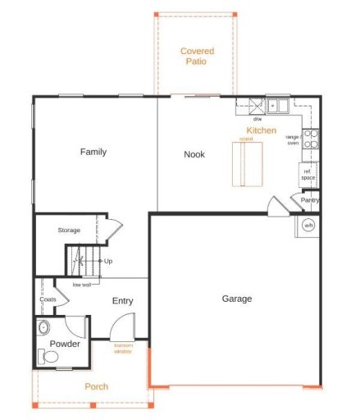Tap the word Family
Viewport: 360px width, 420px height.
point(93,152)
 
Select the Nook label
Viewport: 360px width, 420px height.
point(194,154)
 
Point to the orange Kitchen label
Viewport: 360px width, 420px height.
point(262,130)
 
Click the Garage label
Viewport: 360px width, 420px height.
point(237,299)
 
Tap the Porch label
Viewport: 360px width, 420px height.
point(97,386)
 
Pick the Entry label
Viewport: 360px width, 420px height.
point(122,301)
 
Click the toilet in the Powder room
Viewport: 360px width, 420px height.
point(48,357)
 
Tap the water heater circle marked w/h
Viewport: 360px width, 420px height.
point(308,226)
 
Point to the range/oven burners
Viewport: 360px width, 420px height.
point(311,139)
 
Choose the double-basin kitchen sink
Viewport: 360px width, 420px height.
point(276,106)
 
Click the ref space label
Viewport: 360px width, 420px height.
point(308,174)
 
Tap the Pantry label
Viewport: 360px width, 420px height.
point(309,199)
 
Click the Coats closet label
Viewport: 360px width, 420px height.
point(47,299)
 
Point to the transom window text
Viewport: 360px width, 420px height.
point(123,349)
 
